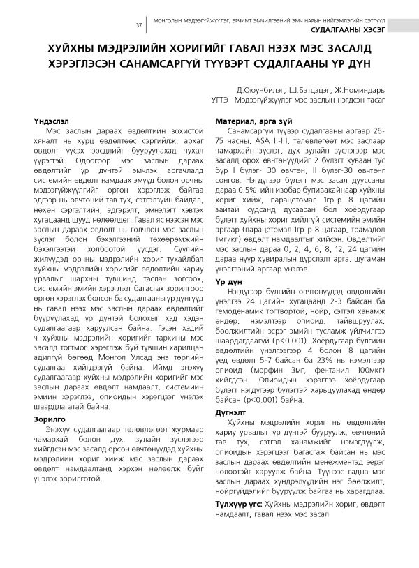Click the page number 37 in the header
click(x=138, y=26)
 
